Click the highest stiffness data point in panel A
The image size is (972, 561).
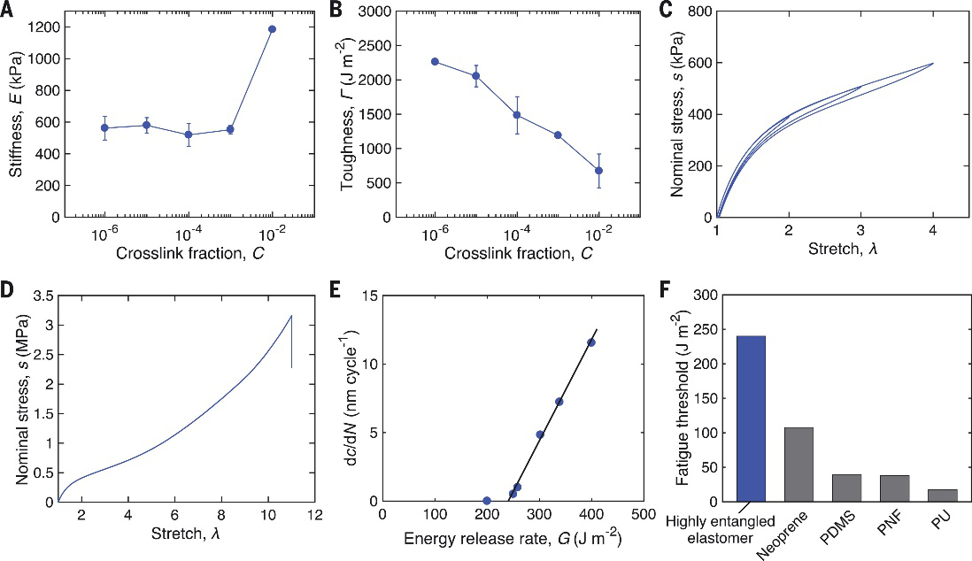click(272, 29)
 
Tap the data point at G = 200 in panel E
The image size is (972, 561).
click(487, 501)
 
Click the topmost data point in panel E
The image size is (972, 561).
click(591, 342)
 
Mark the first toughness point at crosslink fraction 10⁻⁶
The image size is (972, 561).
click(435, 62)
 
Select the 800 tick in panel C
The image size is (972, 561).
click(699, 12)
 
